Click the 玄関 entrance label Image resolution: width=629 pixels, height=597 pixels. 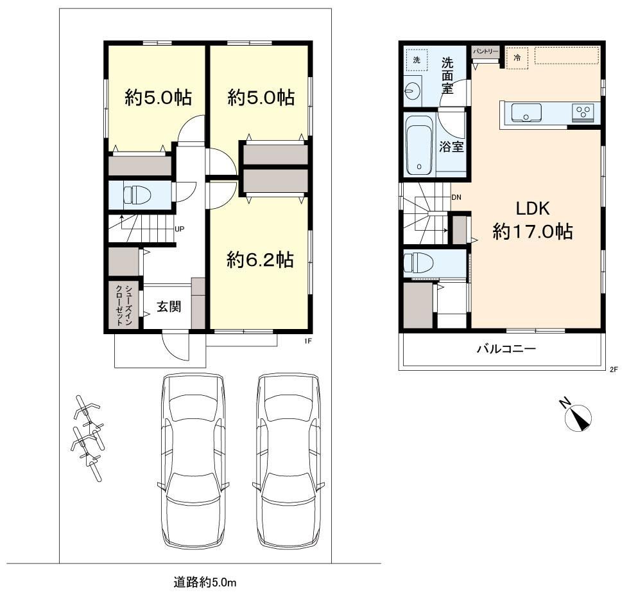point(168,307)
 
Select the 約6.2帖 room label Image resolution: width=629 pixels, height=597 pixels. point(260,260)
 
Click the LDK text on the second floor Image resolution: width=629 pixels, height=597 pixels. point(532,208)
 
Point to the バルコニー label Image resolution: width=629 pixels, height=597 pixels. point(506,348)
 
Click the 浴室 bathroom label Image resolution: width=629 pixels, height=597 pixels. point(451,147)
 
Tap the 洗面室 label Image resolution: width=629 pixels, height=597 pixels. point(447,76)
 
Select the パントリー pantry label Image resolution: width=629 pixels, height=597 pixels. point(485,51)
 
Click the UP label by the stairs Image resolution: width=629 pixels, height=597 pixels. point(179,229)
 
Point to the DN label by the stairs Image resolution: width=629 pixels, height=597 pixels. point(456,197)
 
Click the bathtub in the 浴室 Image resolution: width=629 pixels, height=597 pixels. point(420,145)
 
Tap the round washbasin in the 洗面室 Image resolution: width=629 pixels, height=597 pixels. point(412,91)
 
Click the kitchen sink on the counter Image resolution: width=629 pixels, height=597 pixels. point(526,113)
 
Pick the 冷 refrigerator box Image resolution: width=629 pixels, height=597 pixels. point(517,58)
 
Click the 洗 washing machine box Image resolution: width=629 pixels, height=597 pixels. point(417,60)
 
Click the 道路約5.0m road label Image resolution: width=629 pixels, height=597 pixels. point(205,582)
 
